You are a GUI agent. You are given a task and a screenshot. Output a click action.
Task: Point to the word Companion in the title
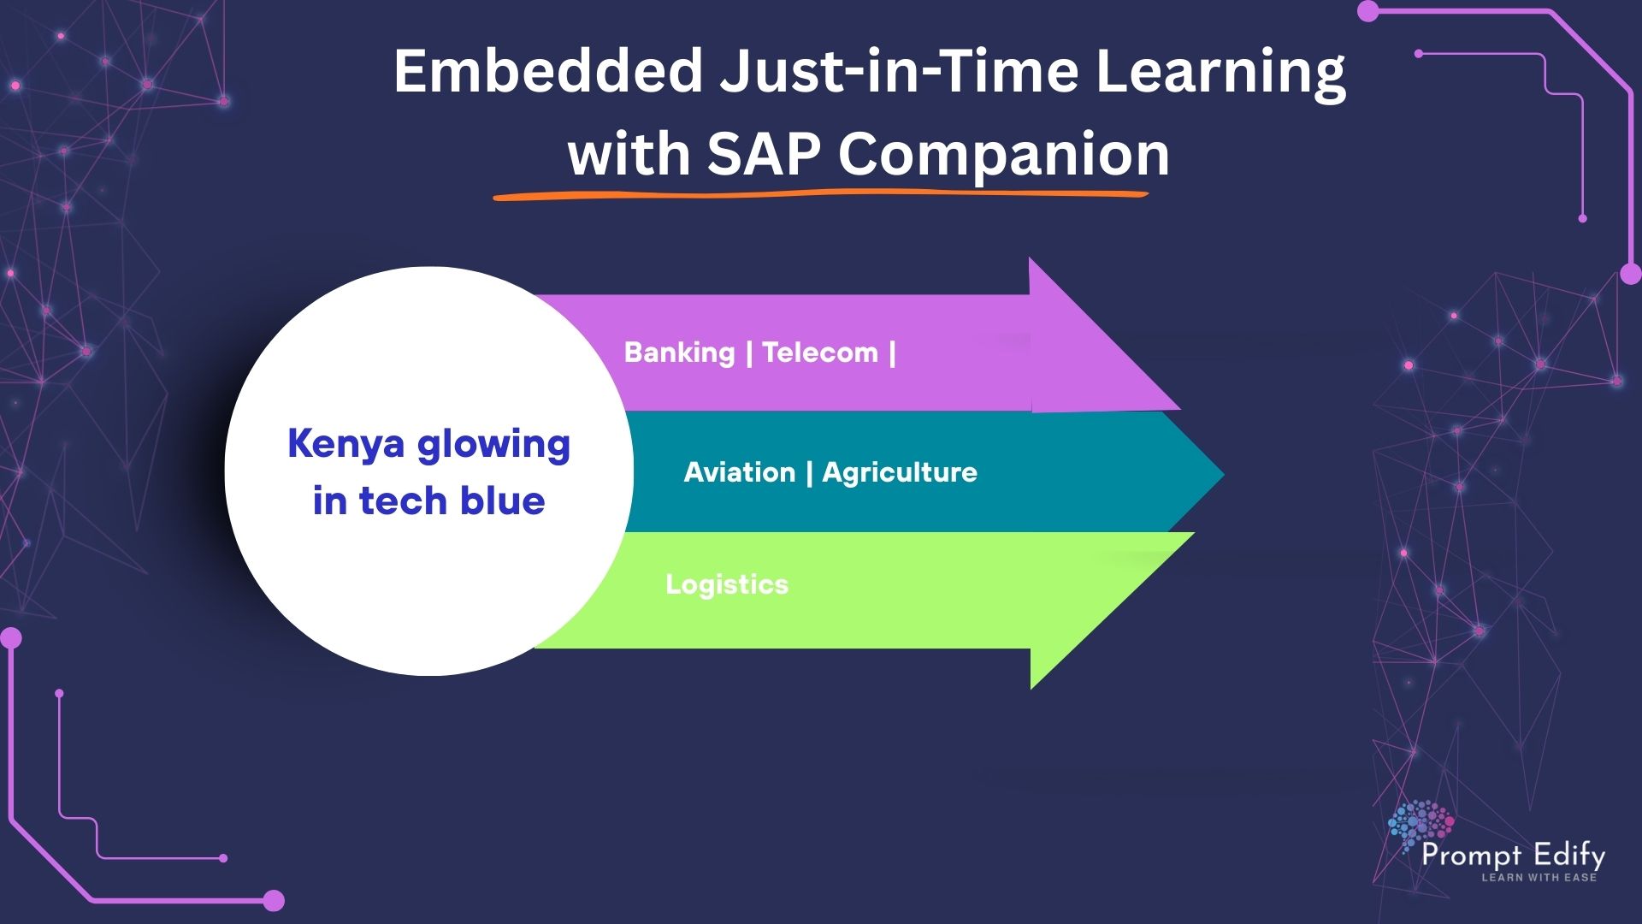pos(1003,156)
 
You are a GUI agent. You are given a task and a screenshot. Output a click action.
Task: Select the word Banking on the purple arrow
pos(680,352)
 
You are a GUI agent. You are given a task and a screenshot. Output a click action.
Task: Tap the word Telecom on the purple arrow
pos(820,352)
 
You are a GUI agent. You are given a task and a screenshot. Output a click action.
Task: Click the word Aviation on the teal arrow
pos(740,472)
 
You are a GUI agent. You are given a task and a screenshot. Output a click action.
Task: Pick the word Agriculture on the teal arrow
pos(900,472)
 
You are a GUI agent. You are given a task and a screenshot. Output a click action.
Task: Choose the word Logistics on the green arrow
pos(727,585)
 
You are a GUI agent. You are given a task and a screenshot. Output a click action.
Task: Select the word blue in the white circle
pos(503,500)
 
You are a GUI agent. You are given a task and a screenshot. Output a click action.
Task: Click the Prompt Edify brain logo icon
pos(1420,826)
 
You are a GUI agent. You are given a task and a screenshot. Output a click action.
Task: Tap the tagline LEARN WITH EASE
pos(1539,877)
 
